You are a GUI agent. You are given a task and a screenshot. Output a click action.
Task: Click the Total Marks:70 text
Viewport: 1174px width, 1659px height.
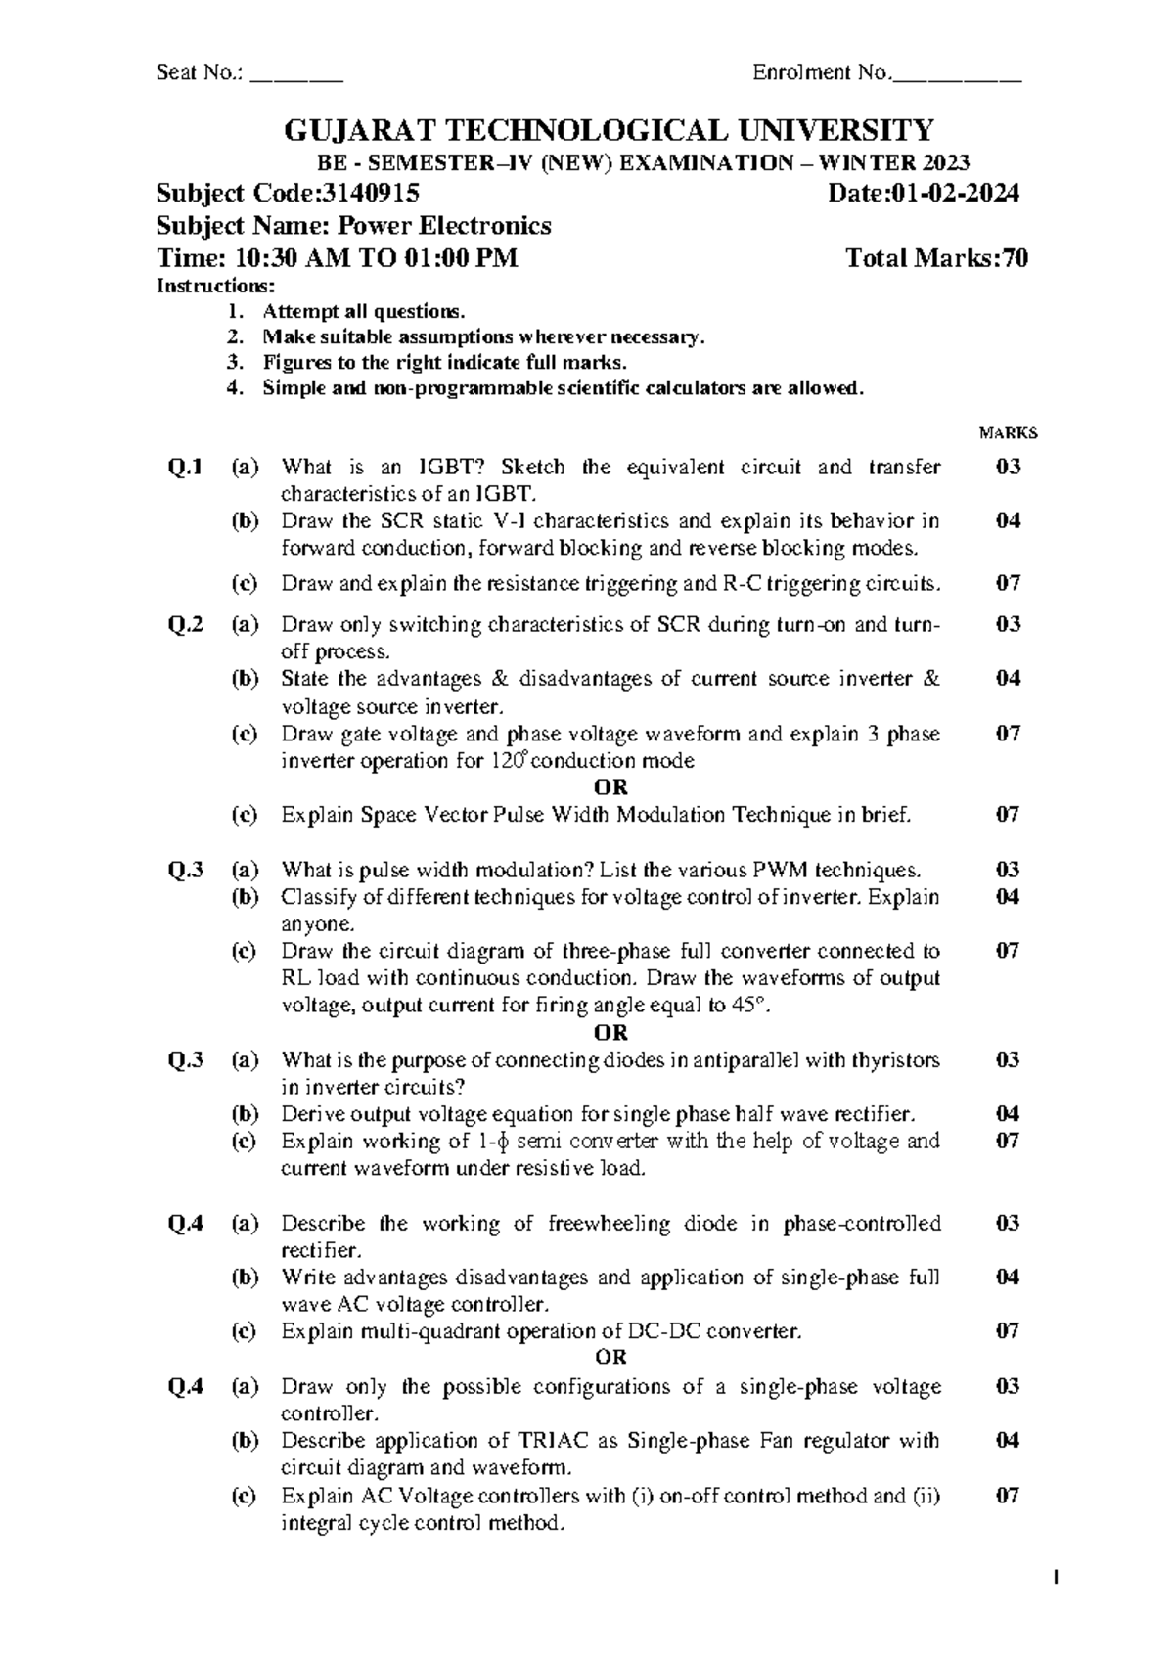(x=936, y=258)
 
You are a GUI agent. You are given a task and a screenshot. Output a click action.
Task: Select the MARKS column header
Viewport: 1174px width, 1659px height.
(x=1008, y=433)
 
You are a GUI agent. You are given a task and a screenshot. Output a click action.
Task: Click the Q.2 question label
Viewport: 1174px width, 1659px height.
(x=185, y=624)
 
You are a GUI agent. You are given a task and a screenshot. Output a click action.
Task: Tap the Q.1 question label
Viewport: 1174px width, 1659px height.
(x=185, y=467)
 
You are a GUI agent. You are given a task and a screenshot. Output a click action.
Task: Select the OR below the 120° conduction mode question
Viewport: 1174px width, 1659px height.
(x=610, y=786)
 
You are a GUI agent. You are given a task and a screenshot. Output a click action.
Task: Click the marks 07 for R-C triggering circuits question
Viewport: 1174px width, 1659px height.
(x=1008, y=584)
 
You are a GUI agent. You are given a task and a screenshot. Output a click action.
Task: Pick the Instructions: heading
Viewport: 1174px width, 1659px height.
(x=216, y=286)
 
